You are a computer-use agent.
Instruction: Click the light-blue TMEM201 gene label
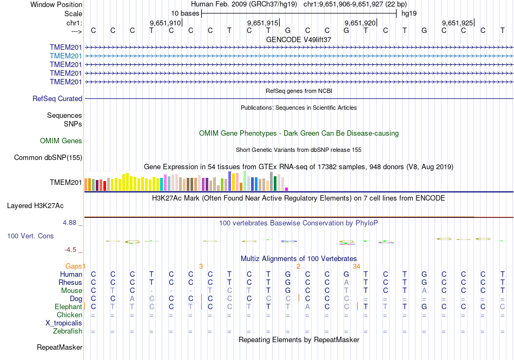coord(65,56)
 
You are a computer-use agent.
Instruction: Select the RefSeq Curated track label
coord(57,99)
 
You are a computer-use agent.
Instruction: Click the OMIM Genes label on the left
coord(61,141)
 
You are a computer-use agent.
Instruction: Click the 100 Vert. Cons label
coord(30,236)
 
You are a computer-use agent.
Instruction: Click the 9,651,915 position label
coord(262,23)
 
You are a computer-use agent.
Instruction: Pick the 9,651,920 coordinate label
coord(360,23)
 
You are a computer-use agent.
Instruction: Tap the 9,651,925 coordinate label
coord(457,23)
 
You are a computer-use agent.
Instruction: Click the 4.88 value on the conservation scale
coord(71,222)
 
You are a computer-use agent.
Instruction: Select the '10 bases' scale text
coord(185,13)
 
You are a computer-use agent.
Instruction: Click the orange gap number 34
coord(357,266)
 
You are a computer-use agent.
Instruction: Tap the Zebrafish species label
coord(68,331)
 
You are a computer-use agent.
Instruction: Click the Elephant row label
coord(68,307)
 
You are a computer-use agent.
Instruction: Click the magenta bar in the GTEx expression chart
coord(286,189)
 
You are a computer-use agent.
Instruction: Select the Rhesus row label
coord(70,283)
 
